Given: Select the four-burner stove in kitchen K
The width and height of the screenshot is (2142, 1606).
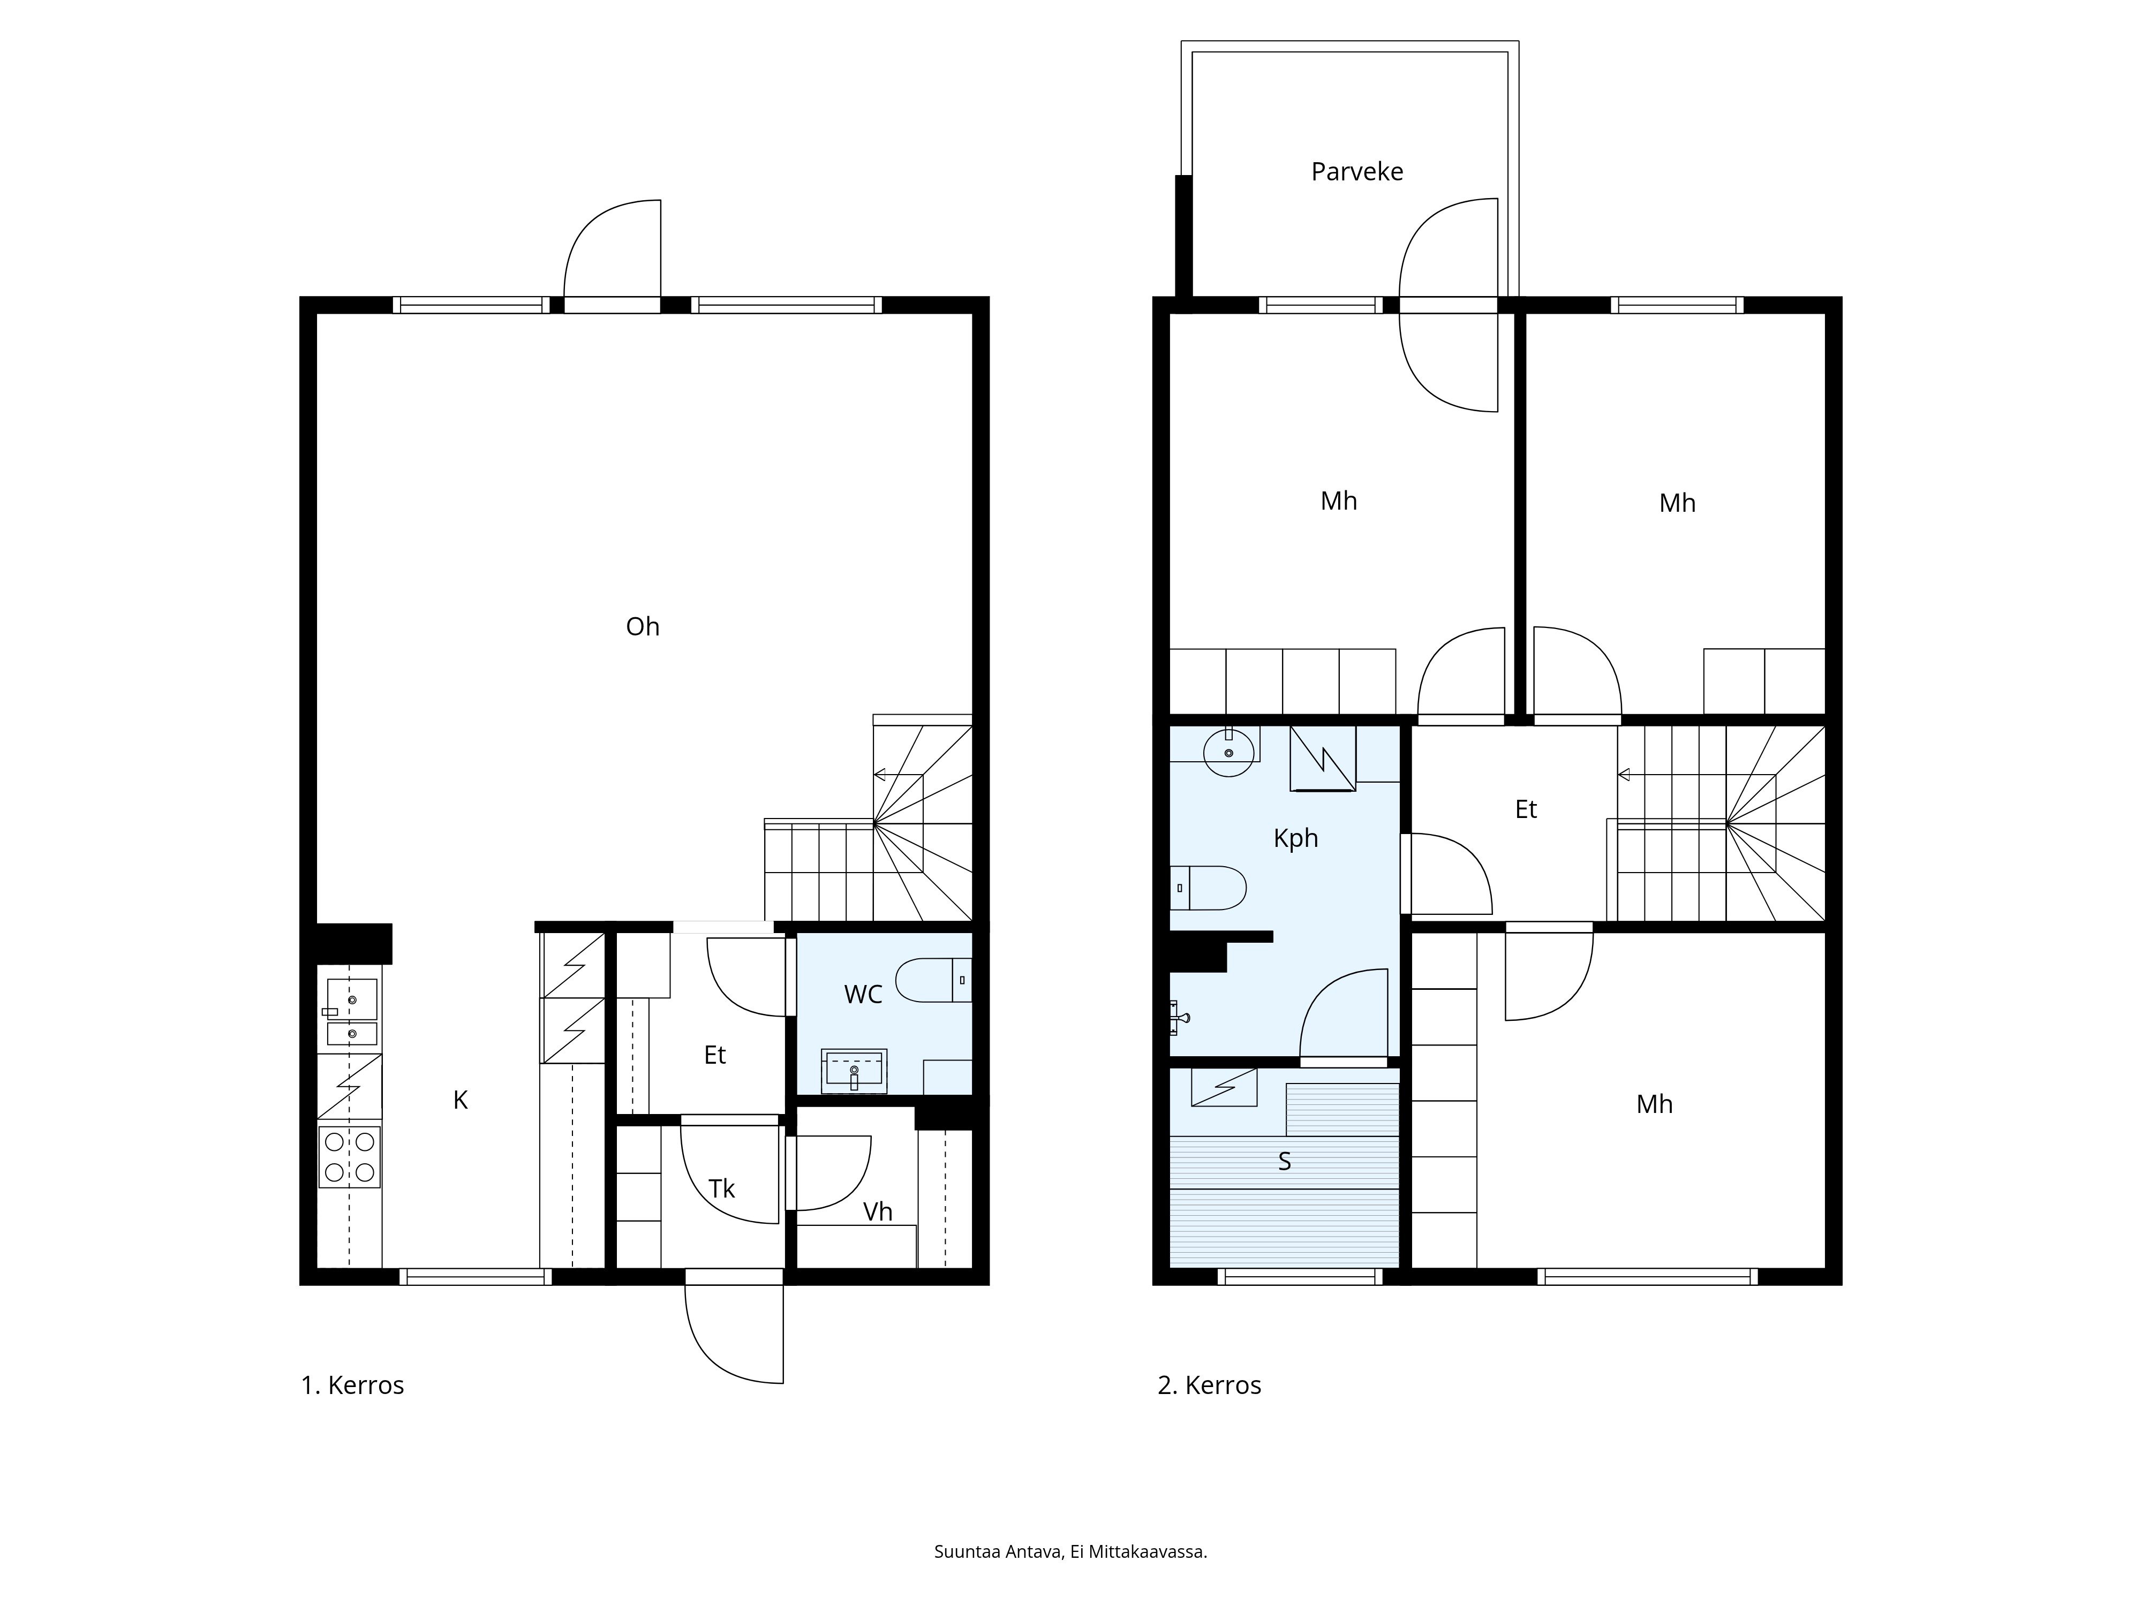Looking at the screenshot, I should coord(350,1157).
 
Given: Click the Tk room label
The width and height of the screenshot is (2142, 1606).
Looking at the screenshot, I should coord(721,1189).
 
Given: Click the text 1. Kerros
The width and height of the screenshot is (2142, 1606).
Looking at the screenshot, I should coord(352,1385).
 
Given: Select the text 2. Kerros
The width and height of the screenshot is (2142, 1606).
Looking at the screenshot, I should coord(1210,1385).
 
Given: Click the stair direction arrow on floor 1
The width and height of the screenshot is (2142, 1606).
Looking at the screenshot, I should coord(879,775).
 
